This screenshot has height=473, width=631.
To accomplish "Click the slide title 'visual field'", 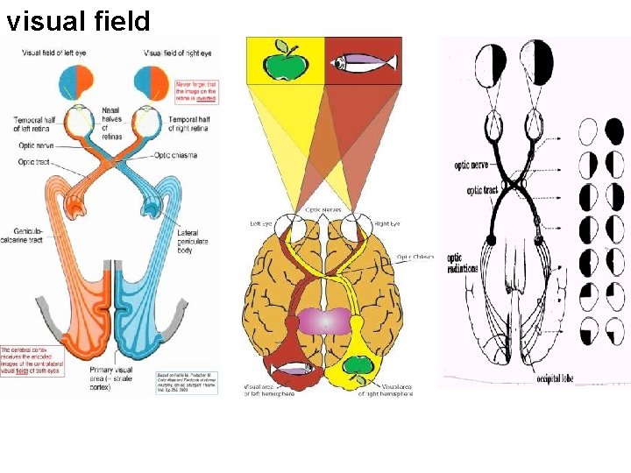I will [78, 20].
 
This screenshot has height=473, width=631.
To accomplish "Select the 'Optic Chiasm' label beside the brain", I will [415, 257].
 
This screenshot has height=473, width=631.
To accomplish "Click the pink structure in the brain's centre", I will [324, 321].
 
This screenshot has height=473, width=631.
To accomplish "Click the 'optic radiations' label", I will [461, 263].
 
